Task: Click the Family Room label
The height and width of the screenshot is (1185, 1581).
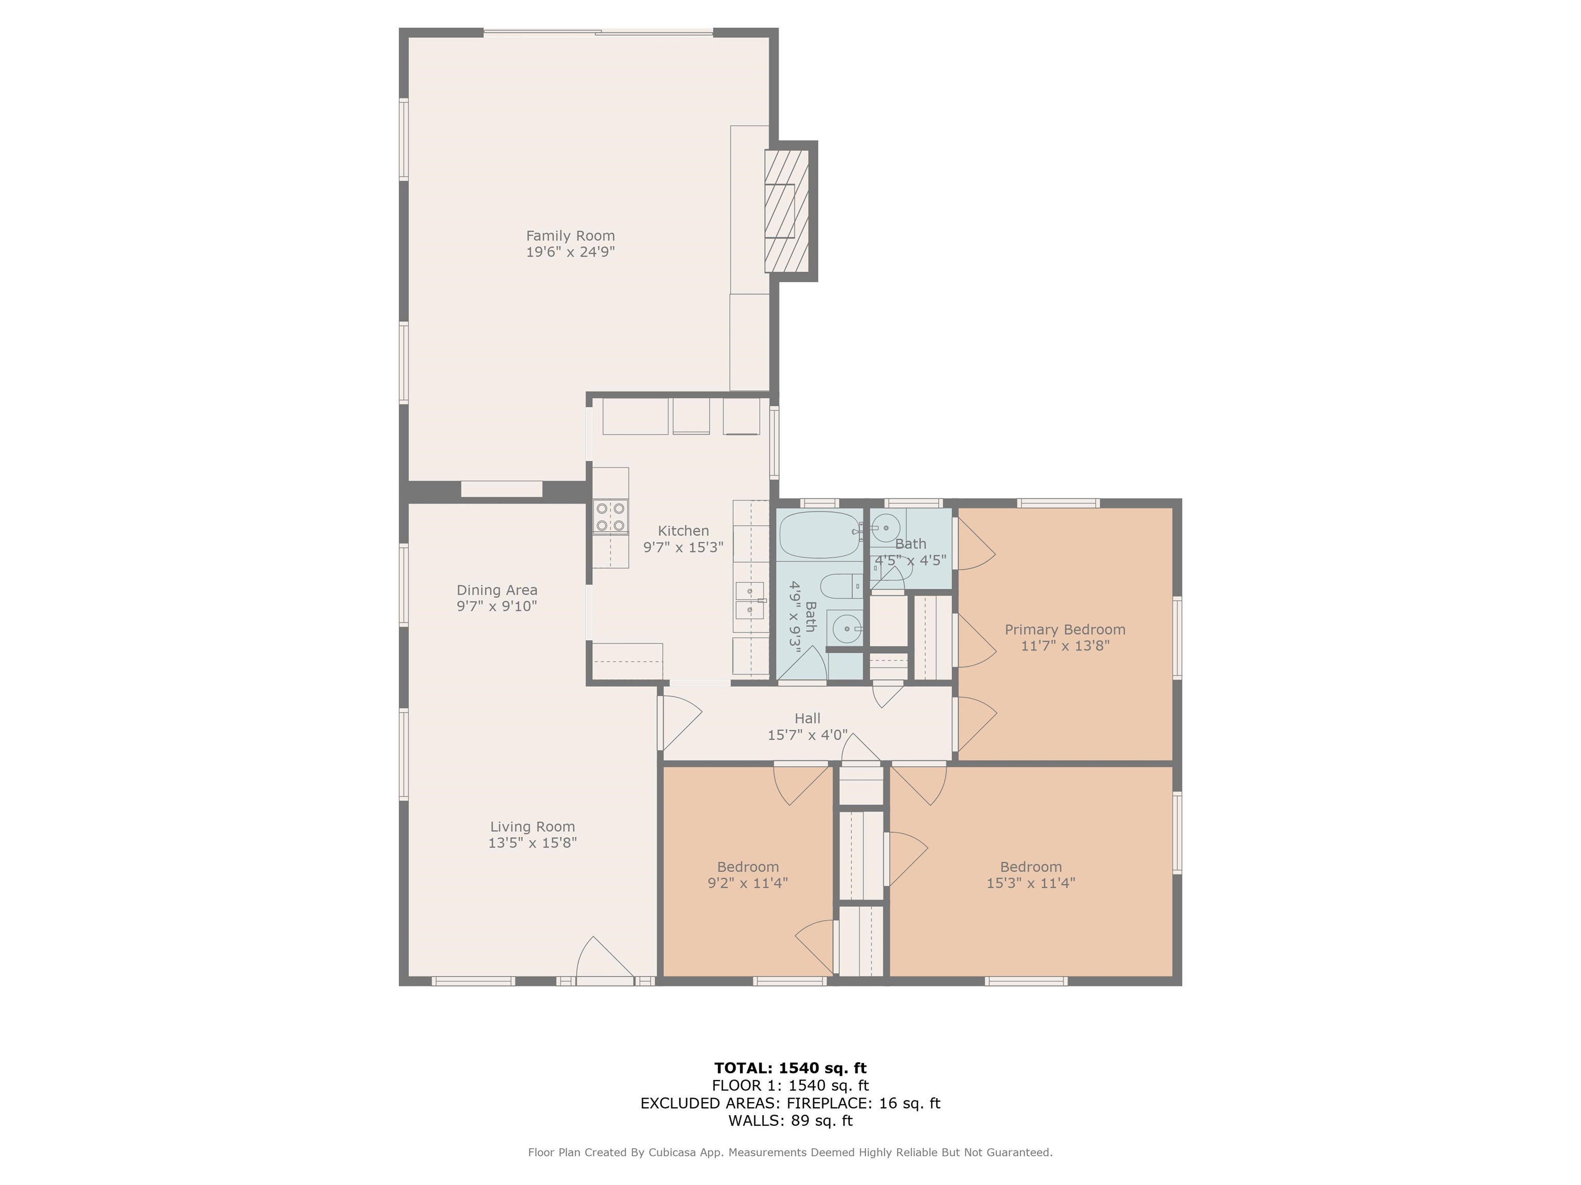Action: click(570, 236)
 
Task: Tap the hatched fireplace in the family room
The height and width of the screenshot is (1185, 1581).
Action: click(786, 211)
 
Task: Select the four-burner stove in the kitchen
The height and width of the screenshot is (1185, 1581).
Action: click(610, 517)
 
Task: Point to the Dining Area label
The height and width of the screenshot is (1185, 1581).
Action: click(497, 590)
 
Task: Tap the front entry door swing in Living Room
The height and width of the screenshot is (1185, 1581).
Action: click(604, 959)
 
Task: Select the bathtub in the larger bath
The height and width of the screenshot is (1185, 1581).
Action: click(820, 534)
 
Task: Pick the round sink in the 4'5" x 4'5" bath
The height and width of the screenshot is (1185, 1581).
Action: click(886, 528)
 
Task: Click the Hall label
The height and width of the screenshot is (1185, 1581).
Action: click(807, 718)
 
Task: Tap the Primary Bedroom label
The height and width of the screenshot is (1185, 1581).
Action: click(1064, 630)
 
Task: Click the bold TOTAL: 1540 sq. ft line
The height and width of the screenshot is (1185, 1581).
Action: click(790, 1068)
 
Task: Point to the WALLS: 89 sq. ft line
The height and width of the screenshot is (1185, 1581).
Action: click(790, 1120)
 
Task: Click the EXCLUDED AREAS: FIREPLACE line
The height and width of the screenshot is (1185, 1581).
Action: click(790, 1103)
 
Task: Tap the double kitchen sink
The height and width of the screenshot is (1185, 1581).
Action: click(749, 600)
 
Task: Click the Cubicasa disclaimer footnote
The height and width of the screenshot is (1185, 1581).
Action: click(790, 1152)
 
